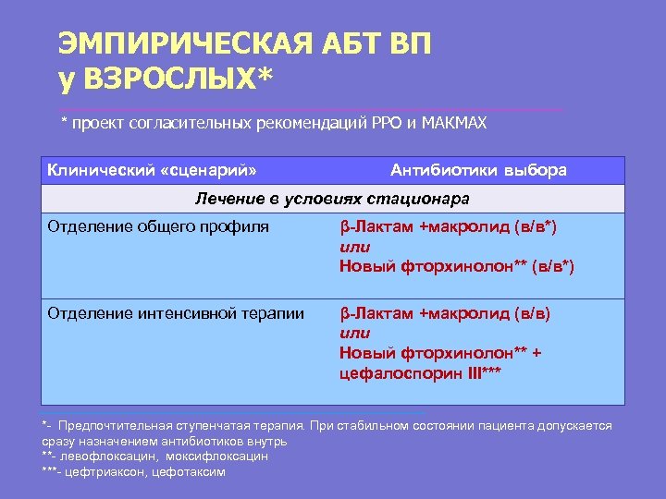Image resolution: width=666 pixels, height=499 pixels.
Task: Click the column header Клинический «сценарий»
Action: pyautogui.click(x=152, y=170)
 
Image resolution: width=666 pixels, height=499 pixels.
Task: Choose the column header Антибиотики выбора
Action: pyautogui.click(x=479, y=170)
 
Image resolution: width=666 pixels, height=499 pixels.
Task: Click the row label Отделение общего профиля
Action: pyautogui.click(x=158, y=225)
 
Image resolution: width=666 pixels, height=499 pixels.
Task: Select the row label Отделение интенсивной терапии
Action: pyautogui.click(x=176, y=313)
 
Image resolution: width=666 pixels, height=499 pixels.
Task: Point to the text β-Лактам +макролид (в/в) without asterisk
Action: pyautogui.click(x=445, y=313)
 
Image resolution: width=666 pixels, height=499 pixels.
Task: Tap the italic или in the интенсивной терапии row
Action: pyautogui.click(x=354, y=333)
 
